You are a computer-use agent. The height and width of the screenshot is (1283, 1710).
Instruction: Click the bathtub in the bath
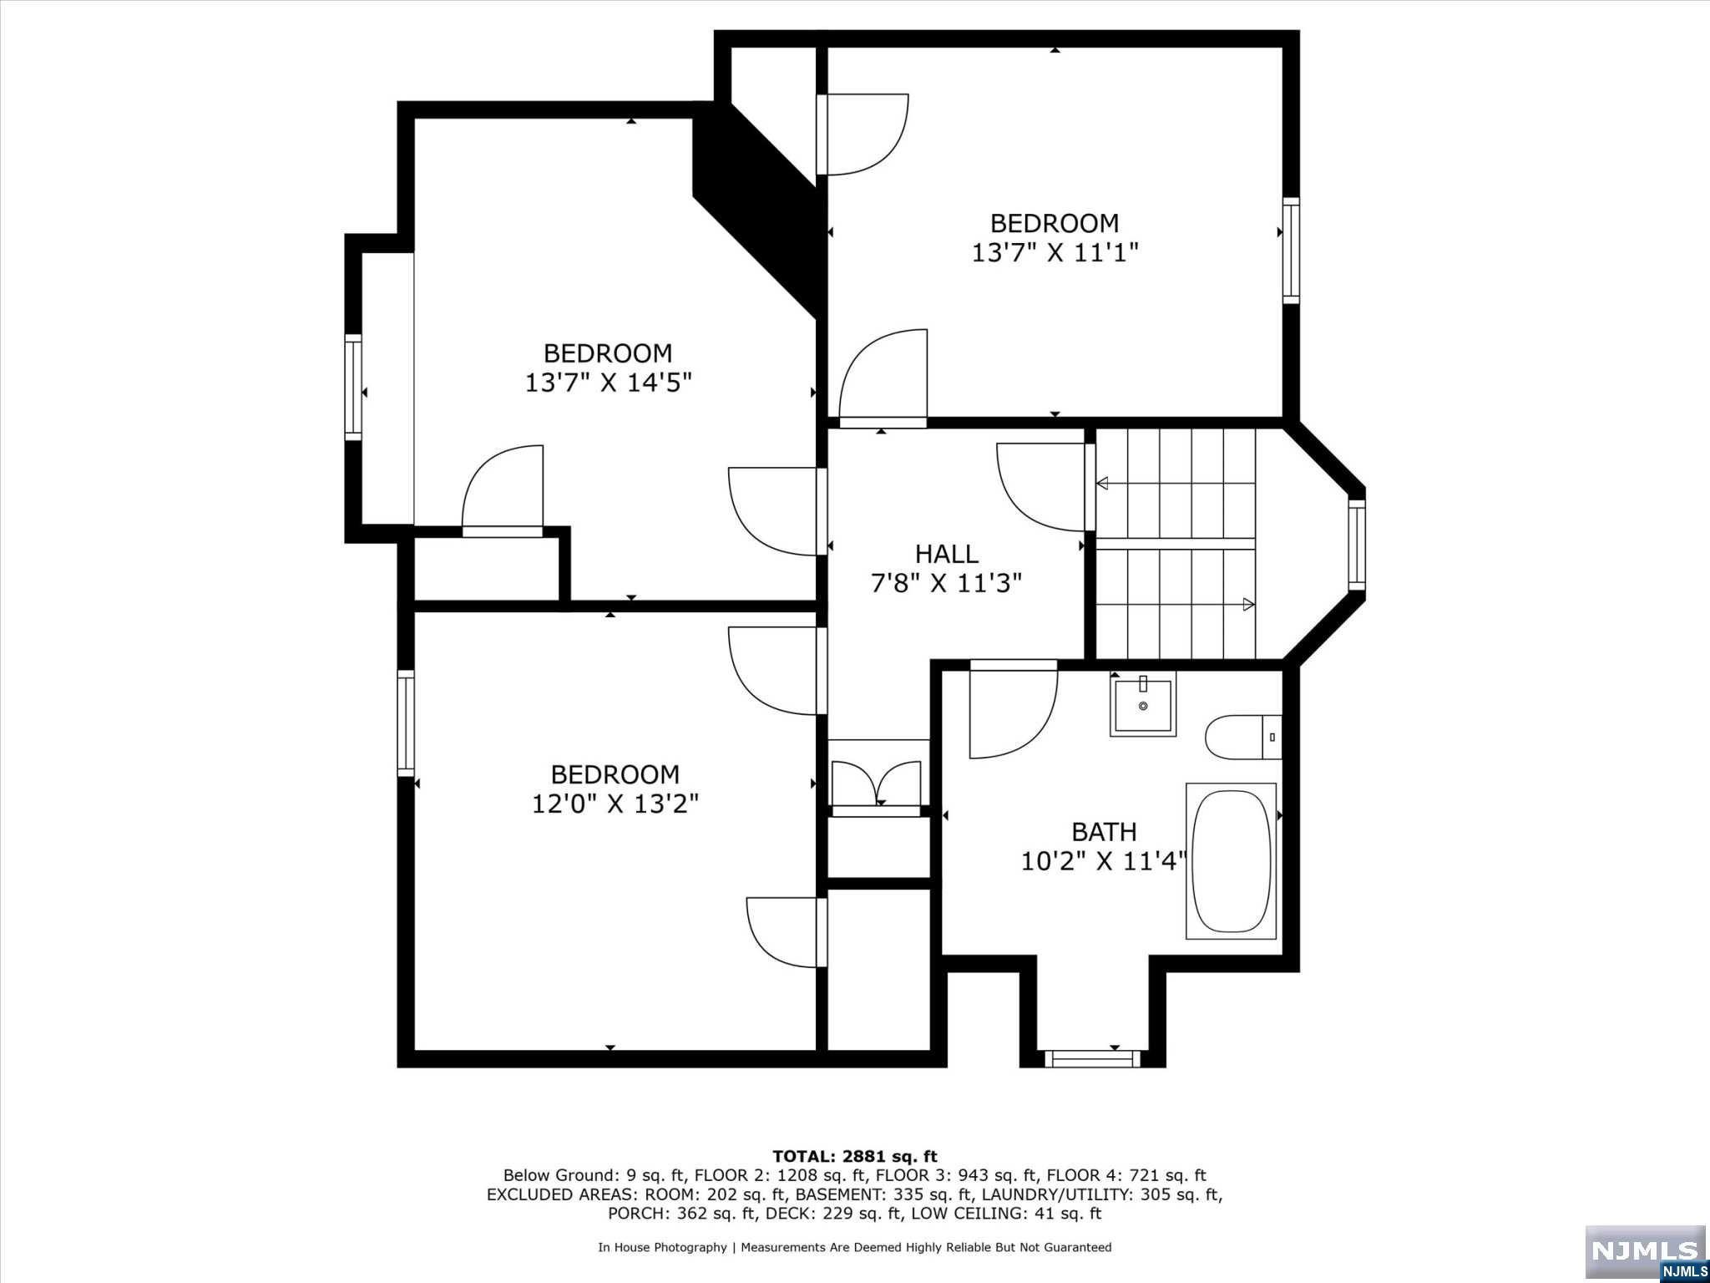tap(1232, 860)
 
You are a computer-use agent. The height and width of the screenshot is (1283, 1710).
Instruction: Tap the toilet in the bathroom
tap(1243, 737)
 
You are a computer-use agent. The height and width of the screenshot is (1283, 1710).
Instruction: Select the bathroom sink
tap(1143, 704)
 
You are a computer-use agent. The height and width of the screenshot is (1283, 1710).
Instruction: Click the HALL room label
tap(946, 554)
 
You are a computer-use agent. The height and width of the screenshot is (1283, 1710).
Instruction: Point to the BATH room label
tap(1104, 832)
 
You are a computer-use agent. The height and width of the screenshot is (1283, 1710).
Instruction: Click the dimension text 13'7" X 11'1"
tap(1055, 252)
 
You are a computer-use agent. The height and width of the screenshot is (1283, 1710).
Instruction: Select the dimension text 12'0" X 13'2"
tap(615, 804)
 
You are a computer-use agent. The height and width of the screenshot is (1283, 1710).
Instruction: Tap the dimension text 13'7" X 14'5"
tap(609, 383)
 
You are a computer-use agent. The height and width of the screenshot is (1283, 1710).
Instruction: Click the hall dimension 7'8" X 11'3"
tap(946, 583)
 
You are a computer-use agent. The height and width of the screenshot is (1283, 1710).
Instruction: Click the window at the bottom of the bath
tap(1092, 1058)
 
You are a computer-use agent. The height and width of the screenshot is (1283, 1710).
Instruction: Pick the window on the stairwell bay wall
tap(1357, 545)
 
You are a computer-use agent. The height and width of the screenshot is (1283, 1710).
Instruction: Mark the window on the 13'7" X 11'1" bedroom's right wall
tap(1291, 251)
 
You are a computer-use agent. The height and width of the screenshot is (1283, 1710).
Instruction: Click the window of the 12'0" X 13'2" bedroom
tap(406, 723)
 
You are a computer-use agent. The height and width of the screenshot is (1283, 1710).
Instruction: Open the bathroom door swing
tap(1014, 710)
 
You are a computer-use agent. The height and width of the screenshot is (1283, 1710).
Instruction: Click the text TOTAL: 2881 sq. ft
tap(855, 1157)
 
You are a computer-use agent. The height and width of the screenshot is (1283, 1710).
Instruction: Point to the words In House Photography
tap(662, 1248)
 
